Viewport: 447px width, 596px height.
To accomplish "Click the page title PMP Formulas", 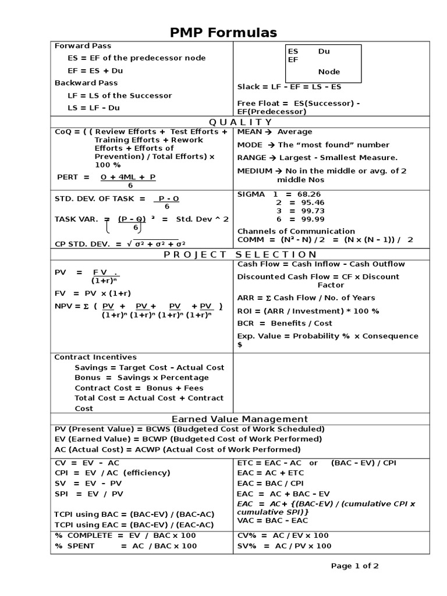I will pos(223,33).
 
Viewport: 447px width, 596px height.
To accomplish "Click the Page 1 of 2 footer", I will pos(355,565).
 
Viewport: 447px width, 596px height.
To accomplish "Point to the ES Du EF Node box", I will pos(323,63).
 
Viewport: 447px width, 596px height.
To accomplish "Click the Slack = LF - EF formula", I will pos(289,87).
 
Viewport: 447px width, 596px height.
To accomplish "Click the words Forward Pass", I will pos(83,45).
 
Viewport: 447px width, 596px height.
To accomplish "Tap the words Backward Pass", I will pos(86,83).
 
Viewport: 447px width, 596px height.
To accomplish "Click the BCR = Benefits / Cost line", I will pos(285,323).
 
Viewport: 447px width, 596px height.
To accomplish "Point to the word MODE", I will pos(250,144).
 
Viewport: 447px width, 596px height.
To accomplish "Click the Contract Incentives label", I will pos(95,357).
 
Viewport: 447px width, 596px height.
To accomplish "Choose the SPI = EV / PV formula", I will pos(89,494).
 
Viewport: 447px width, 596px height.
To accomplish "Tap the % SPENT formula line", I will pos(126,545).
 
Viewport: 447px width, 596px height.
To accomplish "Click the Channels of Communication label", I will pos(296,231).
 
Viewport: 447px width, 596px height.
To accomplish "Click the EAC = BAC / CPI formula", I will pos(271,483).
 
